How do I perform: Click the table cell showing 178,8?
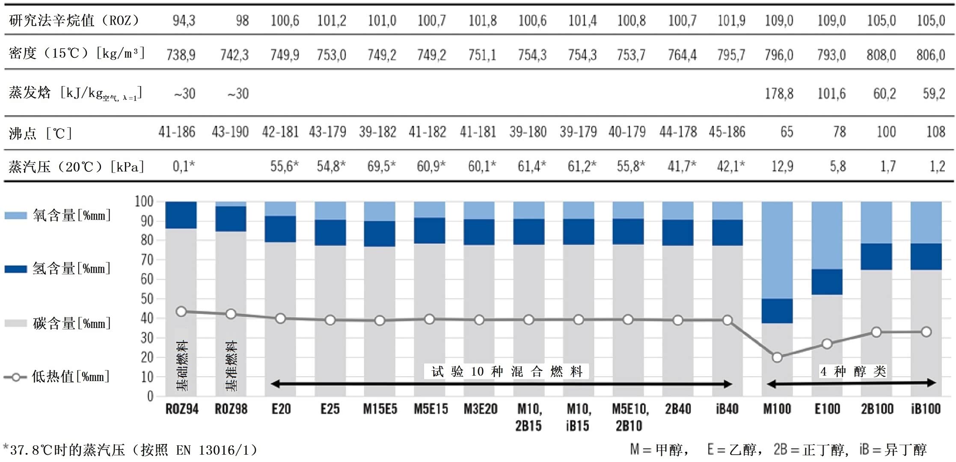coord(779,94)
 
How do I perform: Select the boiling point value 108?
coord(935,132)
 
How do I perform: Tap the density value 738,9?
coord(181,55)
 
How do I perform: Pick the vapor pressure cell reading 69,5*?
coord(381,166)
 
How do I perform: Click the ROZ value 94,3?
coord(184,21)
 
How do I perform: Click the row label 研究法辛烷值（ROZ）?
coord(74,21)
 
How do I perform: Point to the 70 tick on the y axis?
coord(147,259)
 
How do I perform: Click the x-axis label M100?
coord(777,409)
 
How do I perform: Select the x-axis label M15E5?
coord(380,409)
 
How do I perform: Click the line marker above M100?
coord(777,357)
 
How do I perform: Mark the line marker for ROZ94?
coord(181,311)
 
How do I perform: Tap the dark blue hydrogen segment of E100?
coord(827,282)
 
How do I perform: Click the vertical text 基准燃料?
coord(231,366)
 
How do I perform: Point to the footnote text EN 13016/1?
coord(216,450)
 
